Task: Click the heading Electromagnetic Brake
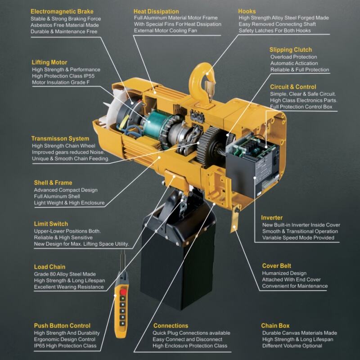(62, 12)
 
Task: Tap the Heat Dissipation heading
(156, 12)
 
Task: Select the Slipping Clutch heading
(291, 50)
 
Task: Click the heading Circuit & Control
(293, 87)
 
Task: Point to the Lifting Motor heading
(49, 63)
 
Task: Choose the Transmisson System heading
(60, 139)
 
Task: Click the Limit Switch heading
(51, 224)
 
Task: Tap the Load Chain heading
(49, 267)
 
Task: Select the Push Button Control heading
(62, 325)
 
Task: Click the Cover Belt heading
(276, 266)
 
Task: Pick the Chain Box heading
(275, 325)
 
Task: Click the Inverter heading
(272, 218)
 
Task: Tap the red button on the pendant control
(123, 292)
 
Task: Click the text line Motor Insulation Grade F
(61, 82)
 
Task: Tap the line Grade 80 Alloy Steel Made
(65, 274)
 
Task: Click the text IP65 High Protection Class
(65, 346)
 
